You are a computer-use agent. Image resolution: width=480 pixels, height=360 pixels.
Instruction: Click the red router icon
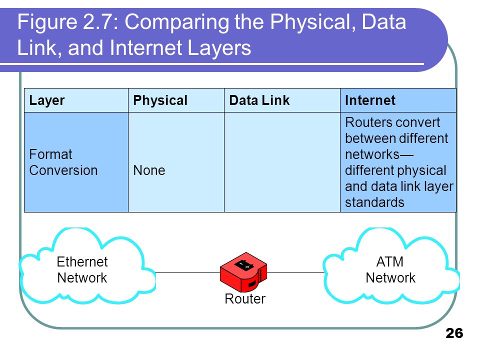(244, 272)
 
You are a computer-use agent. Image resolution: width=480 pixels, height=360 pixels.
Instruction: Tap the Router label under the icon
(245, 299)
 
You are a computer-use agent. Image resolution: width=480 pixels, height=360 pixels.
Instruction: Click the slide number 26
(454, 333)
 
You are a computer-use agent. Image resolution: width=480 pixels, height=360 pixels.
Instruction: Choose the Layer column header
(47, 100)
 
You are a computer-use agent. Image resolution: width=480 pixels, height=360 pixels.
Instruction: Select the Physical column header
(160, 100)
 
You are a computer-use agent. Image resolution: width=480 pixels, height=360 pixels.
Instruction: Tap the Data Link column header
(259, 100)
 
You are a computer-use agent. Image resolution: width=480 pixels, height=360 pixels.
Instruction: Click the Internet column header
(370, 100)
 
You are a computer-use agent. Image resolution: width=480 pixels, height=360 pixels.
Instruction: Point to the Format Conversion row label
(63, 162)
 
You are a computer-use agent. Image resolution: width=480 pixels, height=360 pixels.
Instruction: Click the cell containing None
(149, 170)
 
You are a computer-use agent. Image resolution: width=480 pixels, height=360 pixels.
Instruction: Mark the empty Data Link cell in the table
(281, 162)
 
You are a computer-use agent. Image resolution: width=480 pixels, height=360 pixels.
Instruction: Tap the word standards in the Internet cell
(374, 202)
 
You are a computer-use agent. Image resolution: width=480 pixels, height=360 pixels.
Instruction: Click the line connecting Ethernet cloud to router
(187, 272)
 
